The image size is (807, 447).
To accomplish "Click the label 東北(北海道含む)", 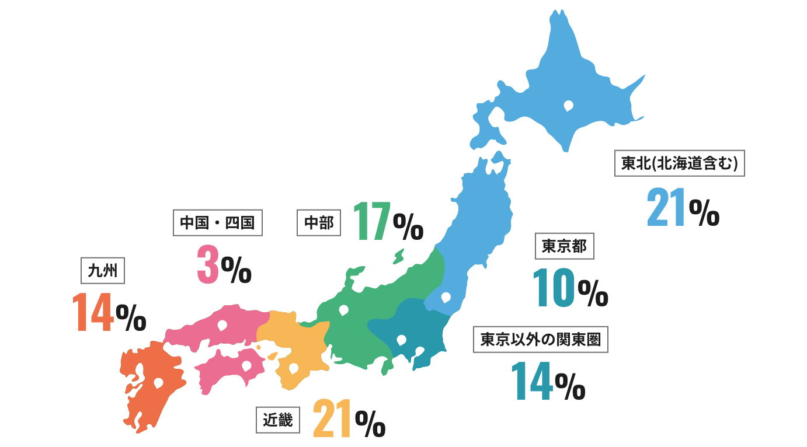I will tap(680, 163).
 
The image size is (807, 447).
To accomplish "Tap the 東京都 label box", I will tap(565, 246).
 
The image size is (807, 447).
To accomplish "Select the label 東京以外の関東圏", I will tap(540, 339).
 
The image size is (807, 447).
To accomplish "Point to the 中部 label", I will tap(319, 222).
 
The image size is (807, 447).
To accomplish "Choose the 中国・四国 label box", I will tap(217, 222).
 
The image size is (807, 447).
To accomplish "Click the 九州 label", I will tap(103, 270).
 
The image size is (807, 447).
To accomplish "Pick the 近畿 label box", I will tap(278, 420).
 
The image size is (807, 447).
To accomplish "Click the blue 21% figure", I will tap(683, 207).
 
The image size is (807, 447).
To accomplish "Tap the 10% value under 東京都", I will tap(570, 288).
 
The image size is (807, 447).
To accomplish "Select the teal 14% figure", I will tap(548, 381).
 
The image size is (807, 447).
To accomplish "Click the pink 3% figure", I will tap(223, 265).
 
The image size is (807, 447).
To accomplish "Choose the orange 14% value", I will tap(109, 313).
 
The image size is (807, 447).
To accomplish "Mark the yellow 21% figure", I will tap(349, 418).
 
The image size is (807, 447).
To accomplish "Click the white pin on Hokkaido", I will tap(568, 106).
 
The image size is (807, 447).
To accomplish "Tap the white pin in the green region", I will tap(343, 310).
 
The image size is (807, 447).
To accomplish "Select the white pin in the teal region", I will tap(401, 340).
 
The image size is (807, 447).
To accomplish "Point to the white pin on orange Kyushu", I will tap(158, 383).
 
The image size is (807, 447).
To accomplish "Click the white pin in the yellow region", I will tap(294, 368).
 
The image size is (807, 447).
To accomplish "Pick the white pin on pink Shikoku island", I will tap(246, 365).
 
